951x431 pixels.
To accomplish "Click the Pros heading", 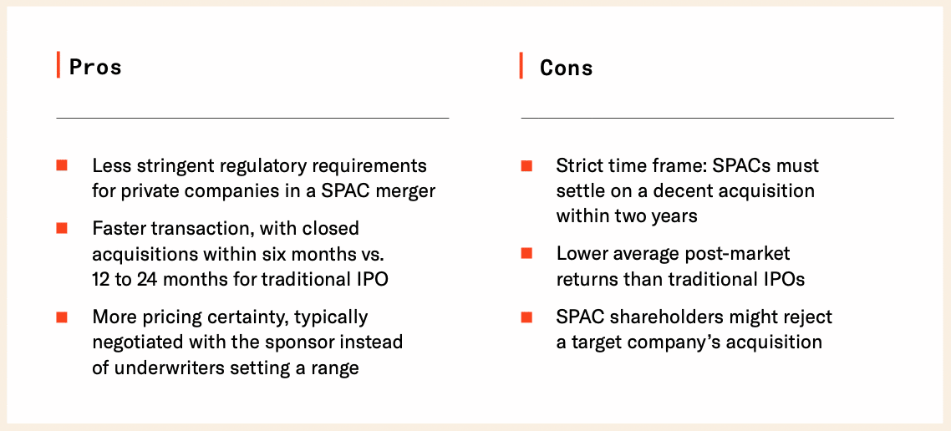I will pyautogui.click(x=95, y=67).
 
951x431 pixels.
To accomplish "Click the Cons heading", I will pyautogui.click(x=566, y=68).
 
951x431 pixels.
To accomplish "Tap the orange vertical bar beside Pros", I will pyautogui.click(x=58, y=65).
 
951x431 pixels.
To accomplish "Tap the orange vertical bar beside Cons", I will pyautogui.click(x=521, y=65).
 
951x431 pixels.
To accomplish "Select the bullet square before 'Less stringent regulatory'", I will pyautogui.click(x=62, y=165).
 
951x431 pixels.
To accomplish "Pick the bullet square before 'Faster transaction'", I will pyautogui.click(x=62, y=228).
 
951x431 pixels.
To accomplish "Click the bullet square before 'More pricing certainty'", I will pyautogui.click(x=62, y=317).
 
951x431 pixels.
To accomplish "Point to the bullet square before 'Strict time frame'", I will pyautogui.click(x=526, y=165).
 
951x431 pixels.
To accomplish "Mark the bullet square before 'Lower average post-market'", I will pyautogui.click(x=526, y=253).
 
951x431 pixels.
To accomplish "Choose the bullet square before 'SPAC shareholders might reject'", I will pyautogui.click(x=526, y=317).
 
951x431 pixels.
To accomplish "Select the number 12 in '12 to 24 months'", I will pyautogui.click(x=102, y=279).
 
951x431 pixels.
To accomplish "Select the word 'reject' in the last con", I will pyautogui.click(x=806, y=317).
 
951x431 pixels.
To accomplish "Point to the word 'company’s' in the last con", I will pyautogui.click(x=670, y=342).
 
